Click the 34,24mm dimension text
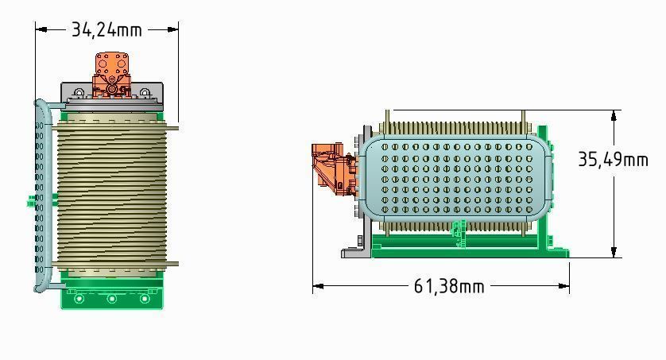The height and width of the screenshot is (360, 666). [x=106, y=29]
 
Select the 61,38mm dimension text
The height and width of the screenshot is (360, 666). [x=449, y=285]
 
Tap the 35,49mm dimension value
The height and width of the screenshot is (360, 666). [x=613, y=159]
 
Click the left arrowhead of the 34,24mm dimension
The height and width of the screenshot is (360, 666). [x=40, y=29]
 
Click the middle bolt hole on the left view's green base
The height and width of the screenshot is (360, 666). [x=111, y=299]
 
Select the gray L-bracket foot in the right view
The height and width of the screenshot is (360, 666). [x=355, y=252]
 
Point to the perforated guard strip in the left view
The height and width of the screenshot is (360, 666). [x=40, y=199]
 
